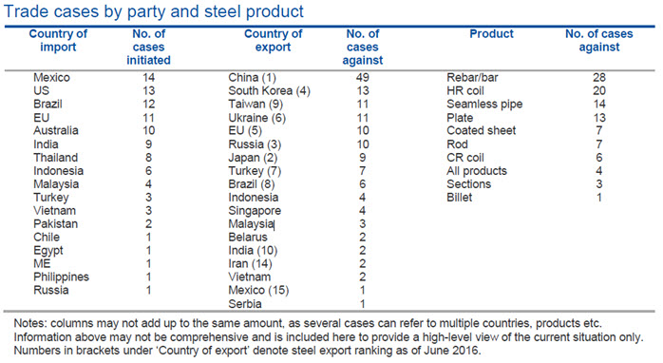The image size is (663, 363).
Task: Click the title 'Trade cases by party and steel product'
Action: pyautogui.click(x=154, y=11)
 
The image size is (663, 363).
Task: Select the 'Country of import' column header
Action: pyautogui.click(x=58, y=40)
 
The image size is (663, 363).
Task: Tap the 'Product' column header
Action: pyautogui.click(x=491, y=34)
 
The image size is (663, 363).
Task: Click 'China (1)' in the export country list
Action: pyautogui.click(x=252, y=78)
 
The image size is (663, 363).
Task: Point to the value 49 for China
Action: pyautogui.click(x=362, y=77)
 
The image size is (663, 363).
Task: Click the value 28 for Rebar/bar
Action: pyautogui.click(x=599, y=77)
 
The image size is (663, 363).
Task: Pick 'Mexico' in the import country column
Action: pyautogui.click(x=51, y=77)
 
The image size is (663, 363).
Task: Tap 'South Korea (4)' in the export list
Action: pyautogui.click(x=270, y=91)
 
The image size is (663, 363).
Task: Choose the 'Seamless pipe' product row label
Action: pyautogui.click(x=484, y=105)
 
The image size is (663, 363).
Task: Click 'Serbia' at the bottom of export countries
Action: pyautogui.click(x=245, y=304)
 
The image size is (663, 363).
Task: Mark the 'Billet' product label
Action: pyautogui.click(x=459, y=197)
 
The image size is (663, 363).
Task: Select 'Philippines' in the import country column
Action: pyautogui.click(x=62, y=277)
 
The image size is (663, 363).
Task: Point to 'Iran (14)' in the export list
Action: pyautogui.click(x=251, y=263)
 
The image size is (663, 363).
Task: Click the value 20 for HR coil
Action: pyautogui.click(x=599, y=91)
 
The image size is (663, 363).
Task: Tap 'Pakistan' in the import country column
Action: pyautogui.click(x=56, y=224)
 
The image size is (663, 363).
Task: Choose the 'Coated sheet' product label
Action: pyautogui.click(x=482, y=130)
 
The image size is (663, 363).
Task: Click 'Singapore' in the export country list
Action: pyautogui.click(x=255, y=211)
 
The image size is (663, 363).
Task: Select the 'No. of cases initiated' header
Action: pyautogui.click(x=148, y=47)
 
